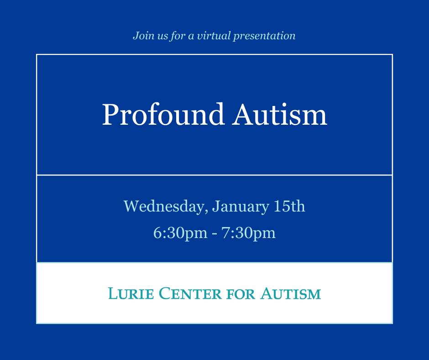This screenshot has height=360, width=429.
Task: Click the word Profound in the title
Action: coord(163,115)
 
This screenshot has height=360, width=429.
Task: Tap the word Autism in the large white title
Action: coord(280,115)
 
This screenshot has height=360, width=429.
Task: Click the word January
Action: coord(240,206)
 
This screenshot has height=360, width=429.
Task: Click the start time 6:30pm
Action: coord(180,233)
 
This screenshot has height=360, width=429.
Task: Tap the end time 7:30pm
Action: coord(248,233)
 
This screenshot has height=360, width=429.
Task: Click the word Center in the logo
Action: coord(190,293)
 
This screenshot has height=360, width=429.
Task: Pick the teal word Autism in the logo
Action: coord(291,293)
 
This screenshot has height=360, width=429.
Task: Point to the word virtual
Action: coord(214,36)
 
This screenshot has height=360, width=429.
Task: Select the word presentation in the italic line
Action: coord(264,36)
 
